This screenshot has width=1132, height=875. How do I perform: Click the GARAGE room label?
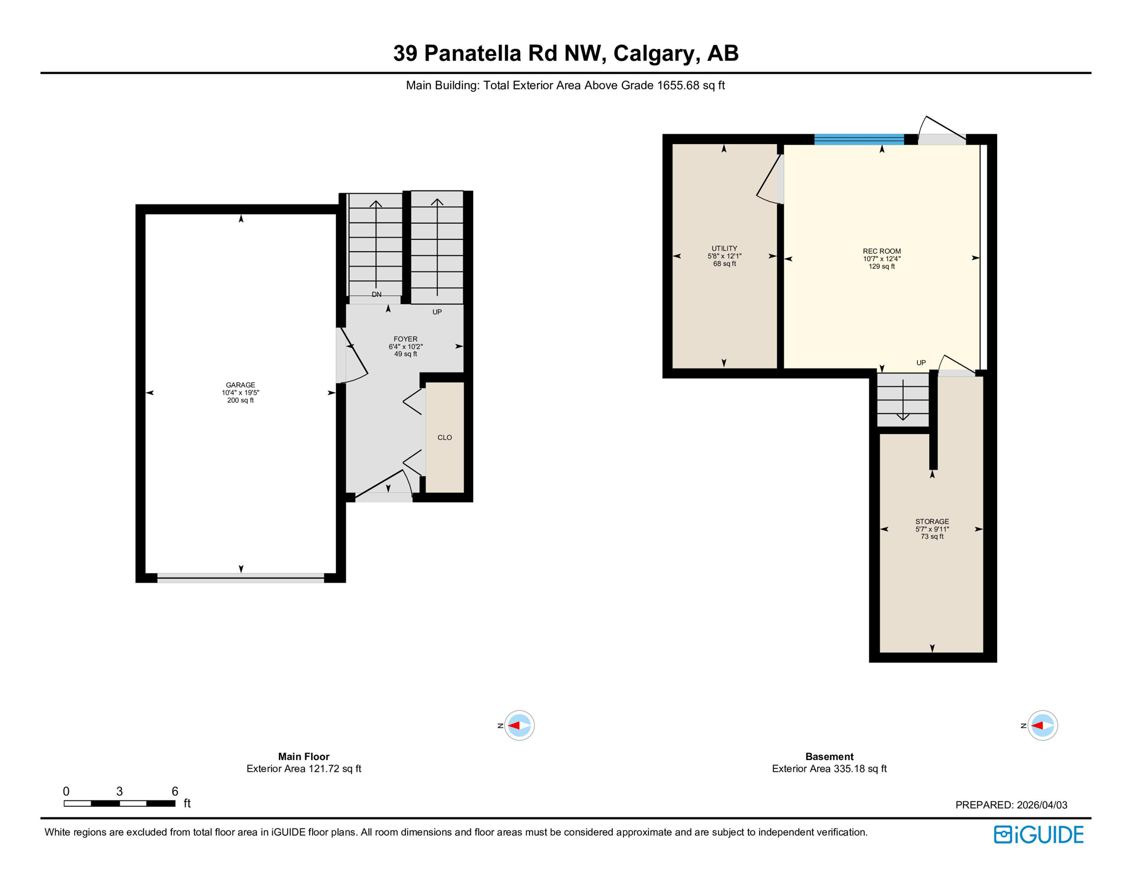pyautogui.click(x=240, y=385)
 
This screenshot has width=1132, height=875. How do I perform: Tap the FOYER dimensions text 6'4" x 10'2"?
pyautogui.click(x=405, y=346)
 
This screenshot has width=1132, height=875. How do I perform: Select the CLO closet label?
pyautogui.click(x=445, y=437)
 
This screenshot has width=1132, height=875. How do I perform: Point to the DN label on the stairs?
pyautogui.click(x=376, y=295)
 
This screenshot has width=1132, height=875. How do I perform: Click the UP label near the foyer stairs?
pyautogui.click(x=437, y=312)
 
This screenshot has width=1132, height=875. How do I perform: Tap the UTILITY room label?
pyautogui.click(x=724, y=248)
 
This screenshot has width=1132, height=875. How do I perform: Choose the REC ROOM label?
pyautogui.click(x=881, y=251)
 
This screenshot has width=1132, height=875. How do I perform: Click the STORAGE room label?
pyautogui.click(x=932, y=521)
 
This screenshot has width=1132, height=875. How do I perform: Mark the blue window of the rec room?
pyautogui.click(x=859, y=140)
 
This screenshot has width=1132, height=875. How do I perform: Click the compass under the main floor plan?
pyautogui.click(x=519, y=725)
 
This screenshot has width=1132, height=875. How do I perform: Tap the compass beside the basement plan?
pyautogui.click(x=1042, y=725)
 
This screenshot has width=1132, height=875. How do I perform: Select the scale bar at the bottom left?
pyautogui.click(x=120, y=803)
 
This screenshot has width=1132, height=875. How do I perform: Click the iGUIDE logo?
pyautogui.click(x=1039, y=835)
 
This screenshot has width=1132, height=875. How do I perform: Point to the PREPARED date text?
pyautogui.click(x=1011, y=805)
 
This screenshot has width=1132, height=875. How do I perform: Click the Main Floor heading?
pyautogui.click(x=303, y=757)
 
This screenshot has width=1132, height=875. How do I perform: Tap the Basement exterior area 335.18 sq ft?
pyautogui.click(x=829, y=768)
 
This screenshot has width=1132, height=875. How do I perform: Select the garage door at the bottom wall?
pyautogui.click(x=241, y=578)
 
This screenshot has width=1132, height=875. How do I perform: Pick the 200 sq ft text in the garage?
pyautogui.click(x=240, y=400)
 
